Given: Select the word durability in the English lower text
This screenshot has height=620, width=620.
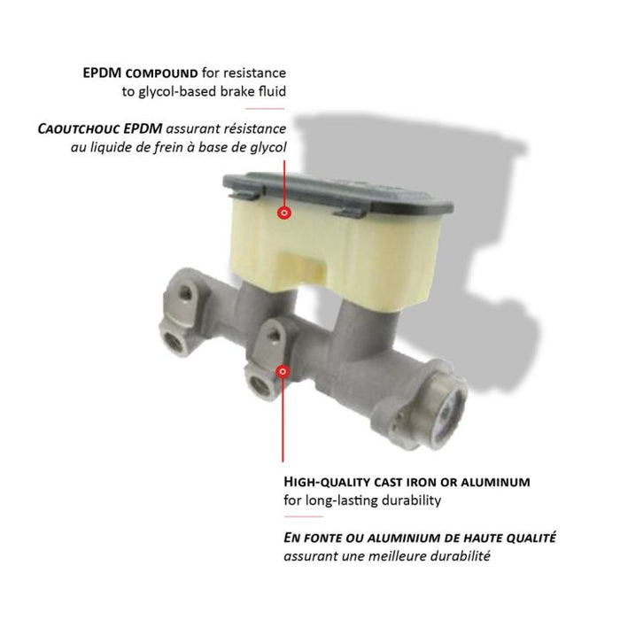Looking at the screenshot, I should pyautogui.click(x=414, y=501).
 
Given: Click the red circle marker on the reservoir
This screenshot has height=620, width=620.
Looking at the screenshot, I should pyautogui.click(x=284, y=213).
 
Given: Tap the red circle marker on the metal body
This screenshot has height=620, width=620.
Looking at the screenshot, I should pyautogui.click(x=283, y=373).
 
